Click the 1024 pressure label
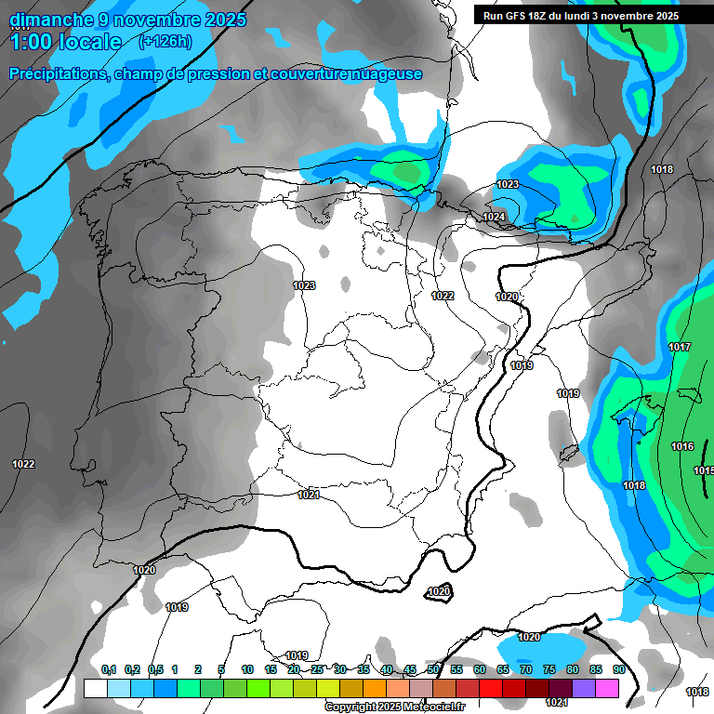click(494, 218)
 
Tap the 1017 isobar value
click(680, 348)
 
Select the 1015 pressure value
click(704, 471)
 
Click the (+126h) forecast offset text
click(165, 41)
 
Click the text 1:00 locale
click(65, 42)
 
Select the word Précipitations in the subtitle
click(59, 74)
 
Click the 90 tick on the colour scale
click(618, 670)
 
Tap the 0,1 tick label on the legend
click(108, 670)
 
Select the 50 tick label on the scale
click(433, 670)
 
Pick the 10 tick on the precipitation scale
click(247, 670)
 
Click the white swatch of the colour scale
click(95, 689)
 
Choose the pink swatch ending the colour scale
click(607, 689)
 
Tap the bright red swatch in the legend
click(491, 689)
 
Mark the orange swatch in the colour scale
click(375, 689)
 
